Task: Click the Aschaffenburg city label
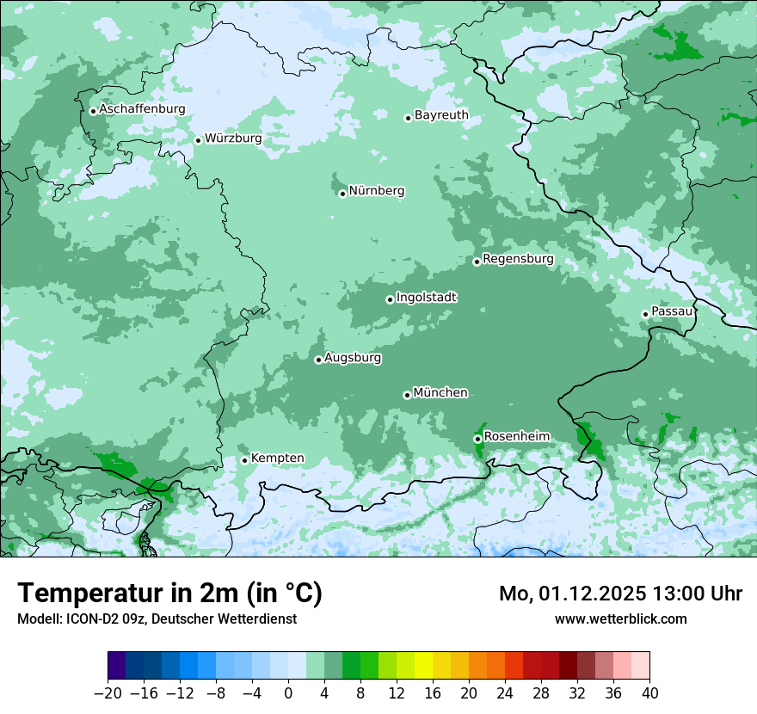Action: (142, 109)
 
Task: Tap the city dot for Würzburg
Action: (198, 140)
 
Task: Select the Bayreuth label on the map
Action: (441, 114)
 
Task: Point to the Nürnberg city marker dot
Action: (342, 194)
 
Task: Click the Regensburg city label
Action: (518, 258)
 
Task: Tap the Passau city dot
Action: (645, 314)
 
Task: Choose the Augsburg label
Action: (353, 357)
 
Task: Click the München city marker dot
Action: (407, 395)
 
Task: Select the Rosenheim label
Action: (516, 436)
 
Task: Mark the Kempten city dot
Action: (244, 460)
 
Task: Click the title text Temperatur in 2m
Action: (169, 594)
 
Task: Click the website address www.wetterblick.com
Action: (620, 619)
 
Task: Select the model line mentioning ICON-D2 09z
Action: (157, 619)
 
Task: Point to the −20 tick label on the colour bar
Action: (108, 693)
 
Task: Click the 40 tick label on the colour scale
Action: (649, 693)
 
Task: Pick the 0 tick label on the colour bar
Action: (288, 693)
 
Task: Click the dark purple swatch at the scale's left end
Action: (117, 666)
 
